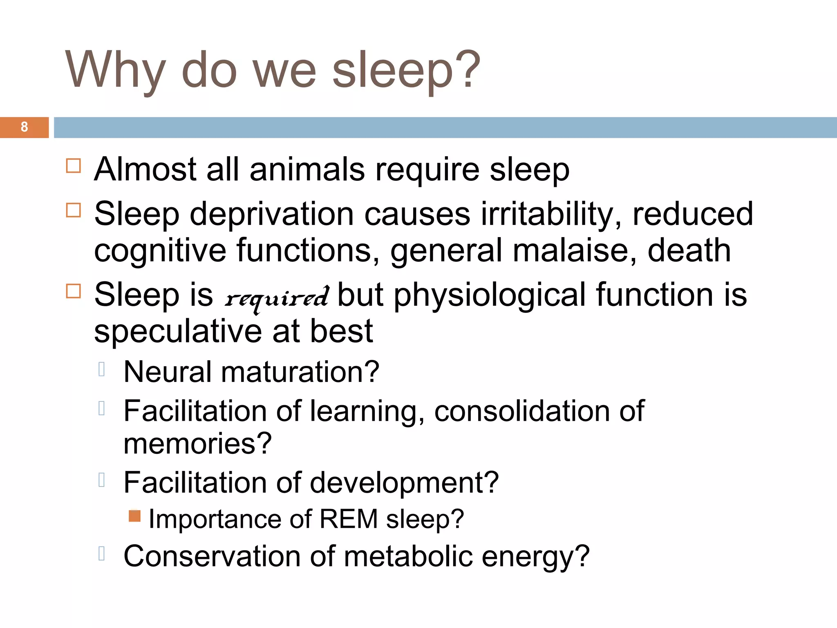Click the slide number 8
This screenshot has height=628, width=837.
click(24, 127)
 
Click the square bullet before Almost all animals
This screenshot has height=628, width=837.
click(74, 166)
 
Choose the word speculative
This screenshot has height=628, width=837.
click(178, 331)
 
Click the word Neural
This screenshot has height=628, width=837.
click(167, 372)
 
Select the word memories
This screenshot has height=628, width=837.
click(197, 444)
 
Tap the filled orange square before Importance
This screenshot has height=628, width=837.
click(134, 516)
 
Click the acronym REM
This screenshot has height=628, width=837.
click(349, 519)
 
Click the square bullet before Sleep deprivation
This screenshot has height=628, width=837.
click(74, 210)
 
